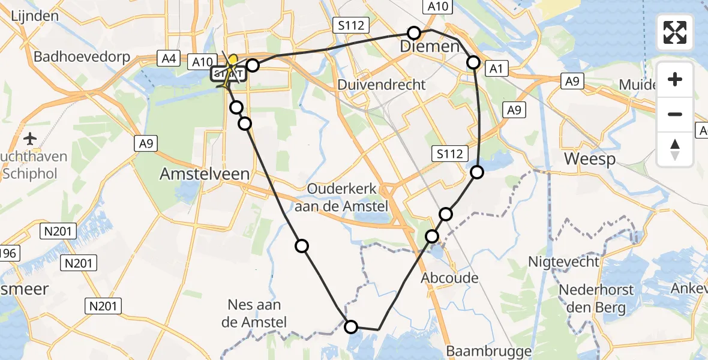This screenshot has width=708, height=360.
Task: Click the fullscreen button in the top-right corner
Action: pyautogui.click(x=675, y=32)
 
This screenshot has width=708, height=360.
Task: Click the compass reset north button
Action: pyautogui.click(x=675, y=149)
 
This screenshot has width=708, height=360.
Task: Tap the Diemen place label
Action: pyautogui.click(x=430, y=47)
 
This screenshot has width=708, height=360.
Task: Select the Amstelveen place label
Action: pyautogui.click(x=204, y=174)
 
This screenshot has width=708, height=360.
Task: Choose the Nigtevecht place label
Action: pyautogui.click(x=563, y=262)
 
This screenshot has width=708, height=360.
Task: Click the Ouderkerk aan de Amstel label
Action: pyautogui.click(x=342, y=197)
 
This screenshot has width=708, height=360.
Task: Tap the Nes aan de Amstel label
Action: pyautogui.click(x=254, y=314)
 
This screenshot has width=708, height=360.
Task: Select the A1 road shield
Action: pyautogui.click(x=496, y=69)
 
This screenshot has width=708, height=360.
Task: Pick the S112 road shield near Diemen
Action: pyautogui.click(x=350, y=25)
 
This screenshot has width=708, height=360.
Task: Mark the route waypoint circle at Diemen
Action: pyautogui.click(x=414, y=33)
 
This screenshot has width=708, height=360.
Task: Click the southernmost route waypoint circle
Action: pyautogui.click(x=351, y=326)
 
